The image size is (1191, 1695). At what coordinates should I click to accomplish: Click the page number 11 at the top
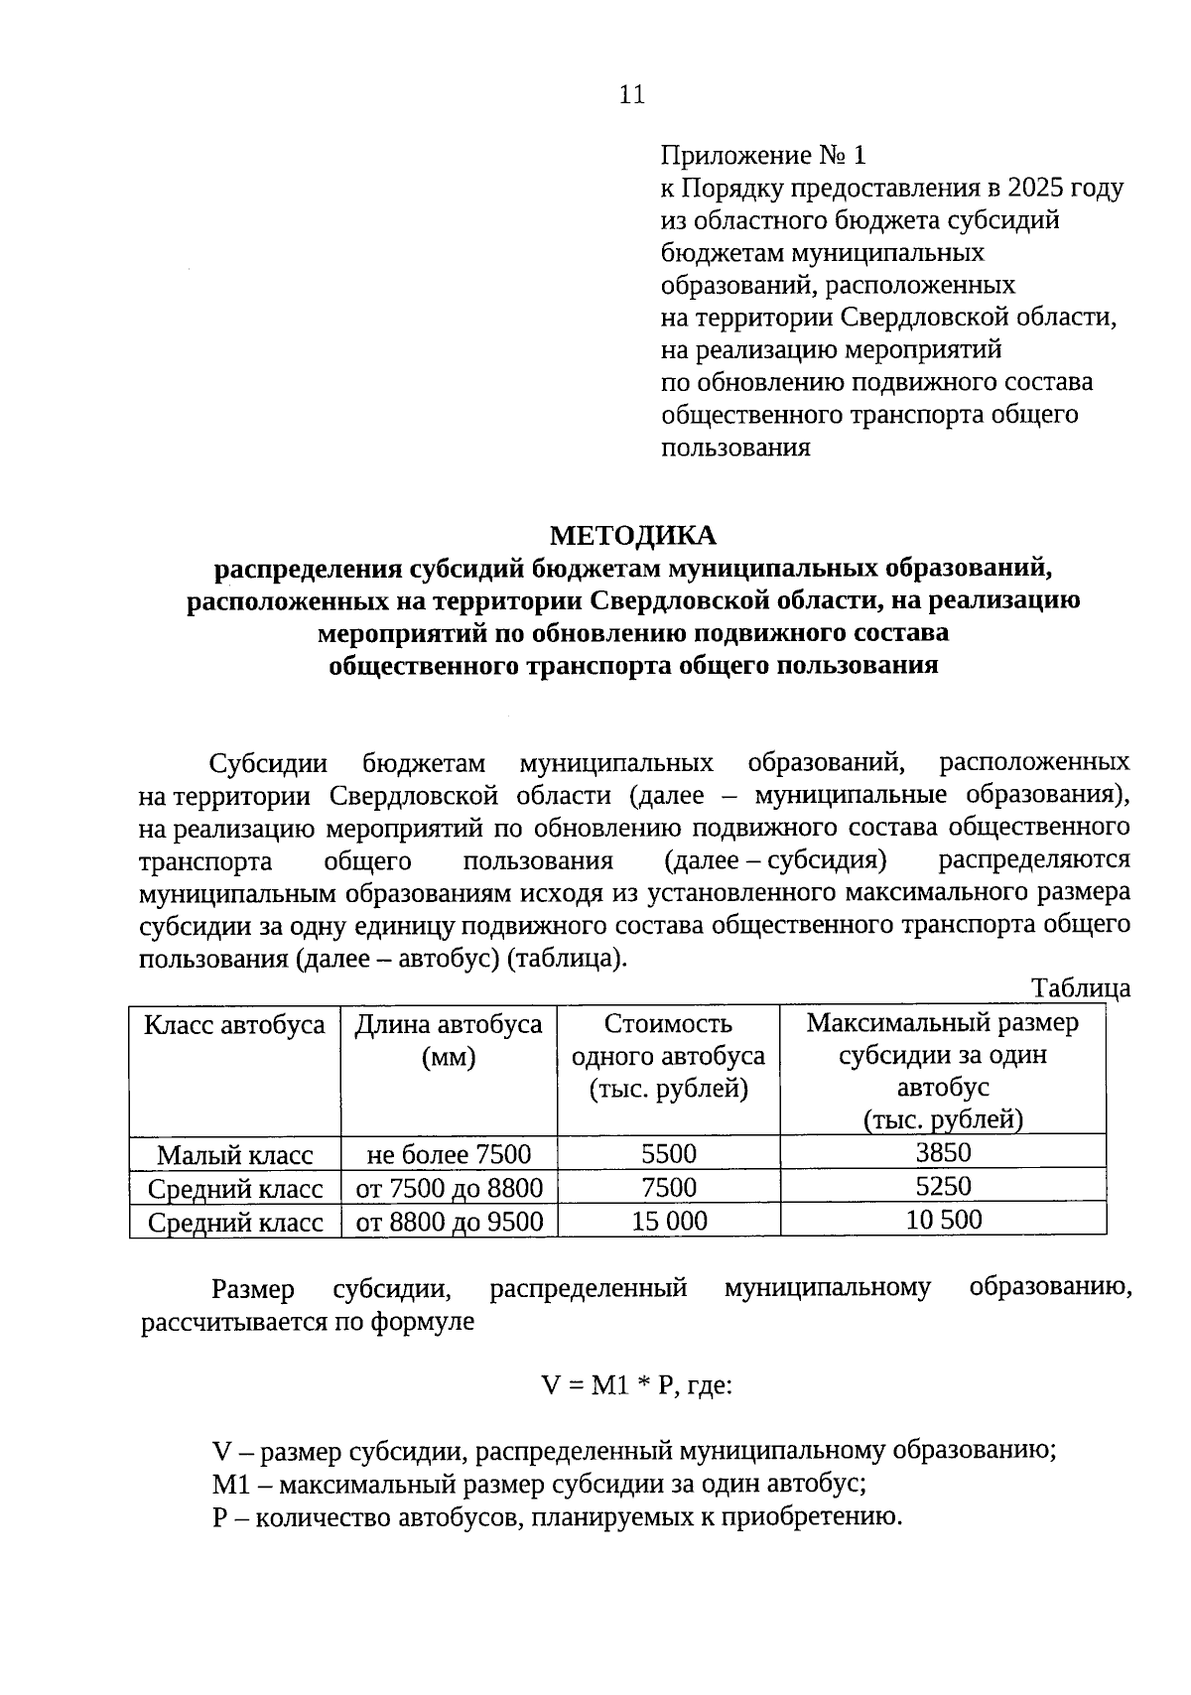[631, 94]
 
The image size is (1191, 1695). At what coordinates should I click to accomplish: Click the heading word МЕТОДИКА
[632, 536]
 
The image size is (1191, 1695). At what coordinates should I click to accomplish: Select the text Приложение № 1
[763, 155]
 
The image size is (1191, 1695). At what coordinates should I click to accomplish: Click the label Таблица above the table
[1080, 987]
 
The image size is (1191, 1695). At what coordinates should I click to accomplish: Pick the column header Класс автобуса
[234, 1025]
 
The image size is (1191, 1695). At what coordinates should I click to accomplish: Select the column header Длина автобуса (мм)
[449, 1040]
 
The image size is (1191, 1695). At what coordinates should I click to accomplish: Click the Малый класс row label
[235, 1155]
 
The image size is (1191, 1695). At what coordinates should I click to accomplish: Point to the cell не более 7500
[449, 1154]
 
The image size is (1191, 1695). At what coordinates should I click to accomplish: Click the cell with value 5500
[669, 1153]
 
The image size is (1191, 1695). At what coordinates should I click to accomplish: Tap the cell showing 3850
[943, 1152]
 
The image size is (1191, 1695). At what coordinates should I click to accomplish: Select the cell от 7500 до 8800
[449, 1188]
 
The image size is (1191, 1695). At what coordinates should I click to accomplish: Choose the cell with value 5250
[943, 1186]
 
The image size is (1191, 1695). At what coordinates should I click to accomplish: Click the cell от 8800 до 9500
[449, 1222]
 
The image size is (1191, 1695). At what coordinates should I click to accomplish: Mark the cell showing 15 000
[669, 1221]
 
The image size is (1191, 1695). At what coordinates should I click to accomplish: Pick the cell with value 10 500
[943, 1219]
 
